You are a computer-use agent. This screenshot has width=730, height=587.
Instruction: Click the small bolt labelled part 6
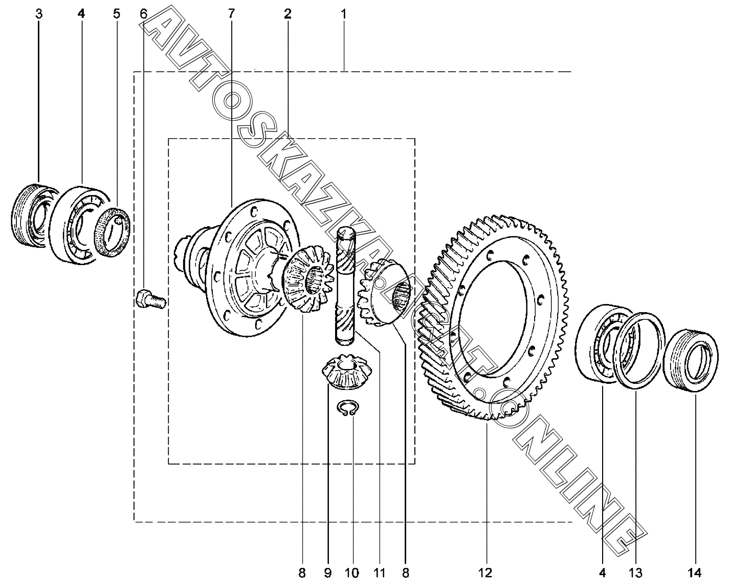[x=150, y=299]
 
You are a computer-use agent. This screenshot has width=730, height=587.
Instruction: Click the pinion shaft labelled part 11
[x=346, y=287]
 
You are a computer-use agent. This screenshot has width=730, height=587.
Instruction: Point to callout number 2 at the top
[x=287, y=14]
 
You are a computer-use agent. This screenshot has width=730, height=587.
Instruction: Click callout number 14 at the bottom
[x=694, y=573]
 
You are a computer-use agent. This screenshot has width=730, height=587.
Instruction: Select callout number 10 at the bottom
[x=351, y=573]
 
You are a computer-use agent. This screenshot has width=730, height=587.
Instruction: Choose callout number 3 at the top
[x=39, y=14]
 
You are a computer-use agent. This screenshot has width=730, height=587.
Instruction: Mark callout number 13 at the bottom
[x=635, y=573]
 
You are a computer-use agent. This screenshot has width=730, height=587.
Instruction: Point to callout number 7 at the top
[x=231, y=14]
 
